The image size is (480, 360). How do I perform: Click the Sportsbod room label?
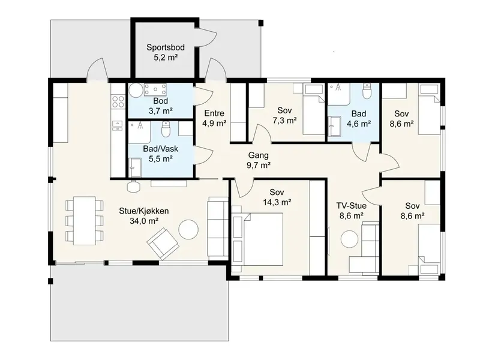pyautogui.click(x=166, y=47)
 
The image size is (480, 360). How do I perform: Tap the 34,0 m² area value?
pyautogui.click(x=144, y=221)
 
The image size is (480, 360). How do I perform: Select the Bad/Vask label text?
pyautogui.click(x=161, y=149)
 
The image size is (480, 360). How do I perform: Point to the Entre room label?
pyautogui.click(x=214, y=113)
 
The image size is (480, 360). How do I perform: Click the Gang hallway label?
pyautogui.click(x=259, y=155)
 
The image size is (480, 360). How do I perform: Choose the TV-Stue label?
pyautogui.click(x=352, y=205)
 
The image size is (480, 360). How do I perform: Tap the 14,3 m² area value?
pyautogui.click(x=277, y=202)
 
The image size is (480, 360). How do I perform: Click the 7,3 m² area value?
pyautogui.click(x=284, y=121)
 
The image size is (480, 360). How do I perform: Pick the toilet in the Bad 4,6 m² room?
pyautogui.click(x=367, y=91)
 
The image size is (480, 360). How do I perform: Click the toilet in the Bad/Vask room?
pyautogui.click(x=166, y=130)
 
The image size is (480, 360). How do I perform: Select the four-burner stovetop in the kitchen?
pyautogui.click(x=118, y=101)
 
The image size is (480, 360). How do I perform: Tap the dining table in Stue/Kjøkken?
pyautogui.click(x=85, y=220)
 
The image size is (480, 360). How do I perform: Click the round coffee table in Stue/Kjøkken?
pyautogui.click(x=188, y=229)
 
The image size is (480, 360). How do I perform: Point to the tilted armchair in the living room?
pyautogui.click(x=163, y=243)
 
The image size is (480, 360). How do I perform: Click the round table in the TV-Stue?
pyautogui.click(x=350, y=239)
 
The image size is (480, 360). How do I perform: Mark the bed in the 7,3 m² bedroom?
pyautogui.click(x=313, y=109)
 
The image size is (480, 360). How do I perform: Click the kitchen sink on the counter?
pyautogui.click(x=117, y=125)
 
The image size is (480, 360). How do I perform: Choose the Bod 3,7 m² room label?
pyautogui.click(x=160, y=106)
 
